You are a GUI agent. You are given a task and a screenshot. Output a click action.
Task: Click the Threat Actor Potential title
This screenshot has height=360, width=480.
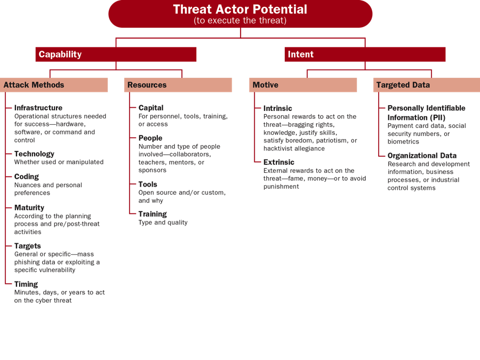(x=240, y=10)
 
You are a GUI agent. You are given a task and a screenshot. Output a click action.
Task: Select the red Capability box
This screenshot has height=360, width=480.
(x=116, y=54)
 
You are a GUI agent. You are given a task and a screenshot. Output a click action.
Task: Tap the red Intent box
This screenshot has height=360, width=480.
(x=365, y=54)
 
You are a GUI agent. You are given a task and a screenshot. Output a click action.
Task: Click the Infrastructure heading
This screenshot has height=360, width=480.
(x=38, y=108)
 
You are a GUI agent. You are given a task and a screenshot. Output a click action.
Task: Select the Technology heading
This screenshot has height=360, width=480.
(x=34, y=154)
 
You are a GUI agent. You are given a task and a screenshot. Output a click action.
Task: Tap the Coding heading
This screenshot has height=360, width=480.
(x=27, y=177)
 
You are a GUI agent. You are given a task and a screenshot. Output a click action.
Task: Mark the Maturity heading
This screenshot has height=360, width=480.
(x=29, y=207)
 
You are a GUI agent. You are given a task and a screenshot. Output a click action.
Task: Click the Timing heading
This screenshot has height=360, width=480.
(x=26, y=284)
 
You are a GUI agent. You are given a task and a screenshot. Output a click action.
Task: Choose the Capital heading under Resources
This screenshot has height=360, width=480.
(x=151, y=108)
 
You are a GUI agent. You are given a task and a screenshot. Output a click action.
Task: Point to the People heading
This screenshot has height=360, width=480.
(x=150, y=138)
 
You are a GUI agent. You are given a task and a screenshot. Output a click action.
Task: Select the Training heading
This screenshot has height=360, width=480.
(x=153, y=214)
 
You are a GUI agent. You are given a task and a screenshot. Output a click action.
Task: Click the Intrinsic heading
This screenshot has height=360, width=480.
(x=278, y=108)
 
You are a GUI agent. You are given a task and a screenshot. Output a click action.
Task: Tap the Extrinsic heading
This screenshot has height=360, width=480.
(x=279, y=162)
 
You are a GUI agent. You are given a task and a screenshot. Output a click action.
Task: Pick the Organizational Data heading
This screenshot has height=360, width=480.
(x=422, y=156)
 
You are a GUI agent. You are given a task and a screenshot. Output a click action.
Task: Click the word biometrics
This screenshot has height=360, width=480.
(x=403, y=141)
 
